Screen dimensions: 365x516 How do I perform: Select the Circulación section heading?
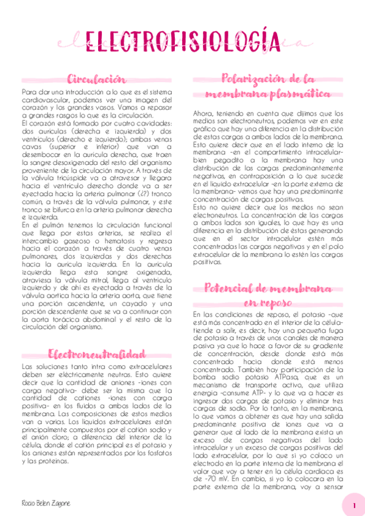pos(97,80)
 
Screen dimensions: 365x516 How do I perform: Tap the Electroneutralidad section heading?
pos(97,354)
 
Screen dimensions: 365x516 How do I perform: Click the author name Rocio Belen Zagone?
pos(46,503)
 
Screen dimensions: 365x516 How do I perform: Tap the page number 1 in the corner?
pos(354,505)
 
